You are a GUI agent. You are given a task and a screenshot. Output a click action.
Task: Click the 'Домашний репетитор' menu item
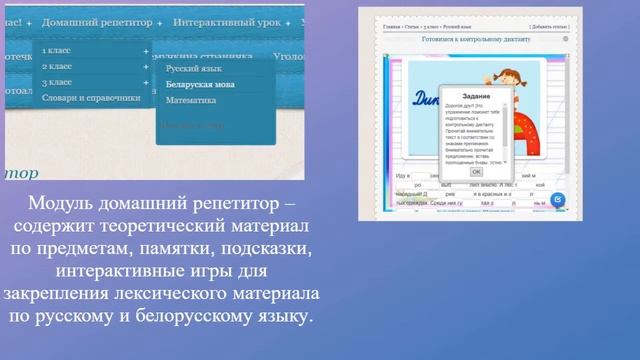pos(97,20)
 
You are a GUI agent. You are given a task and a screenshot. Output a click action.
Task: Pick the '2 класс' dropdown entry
pos(57,66)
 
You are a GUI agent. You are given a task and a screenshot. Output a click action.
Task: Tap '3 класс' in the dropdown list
pos(57,82)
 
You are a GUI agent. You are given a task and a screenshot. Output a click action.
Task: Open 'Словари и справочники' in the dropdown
pos(91,98)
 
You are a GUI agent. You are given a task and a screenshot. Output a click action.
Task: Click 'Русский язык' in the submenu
pos(194,70)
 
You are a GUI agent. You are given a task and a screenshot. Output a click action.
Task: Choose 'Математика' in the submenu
pos(191,100)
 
